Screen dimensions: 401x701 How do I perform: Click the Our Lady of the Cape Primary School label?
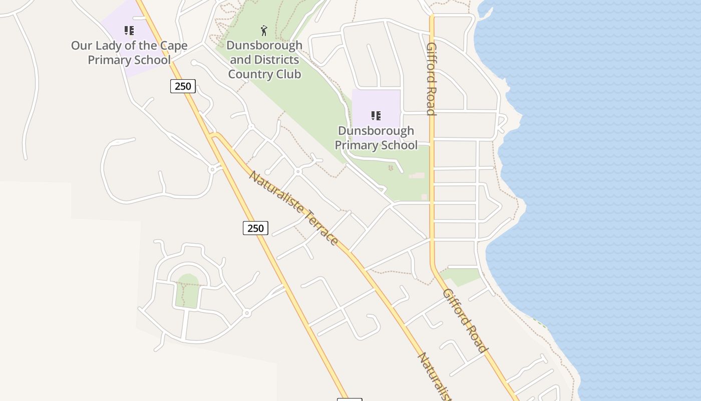129,53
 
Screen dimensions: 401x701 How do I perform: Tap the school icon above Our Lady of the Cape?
129,31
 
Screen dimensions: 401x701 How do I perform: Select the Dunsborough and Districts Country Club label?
264,60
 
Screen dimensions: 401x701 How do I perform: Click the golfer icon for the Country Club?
264,31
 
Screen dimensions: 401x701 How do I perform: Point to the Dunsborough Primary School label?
376,138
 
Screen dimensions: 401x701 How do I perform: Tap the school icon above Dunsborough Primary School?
376,116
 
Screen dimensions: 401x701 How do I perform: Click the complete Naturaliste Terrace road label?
293,208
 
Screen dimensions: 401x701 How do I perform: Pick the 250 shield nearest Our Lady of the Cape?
183,86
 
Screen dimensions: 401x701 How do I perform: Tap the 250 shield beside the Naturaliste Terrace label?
255,228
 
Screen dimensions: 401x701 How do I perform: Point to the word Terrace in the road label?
320,228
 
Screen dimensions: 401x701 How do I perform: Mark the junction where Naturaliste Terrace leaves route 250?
214,135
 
